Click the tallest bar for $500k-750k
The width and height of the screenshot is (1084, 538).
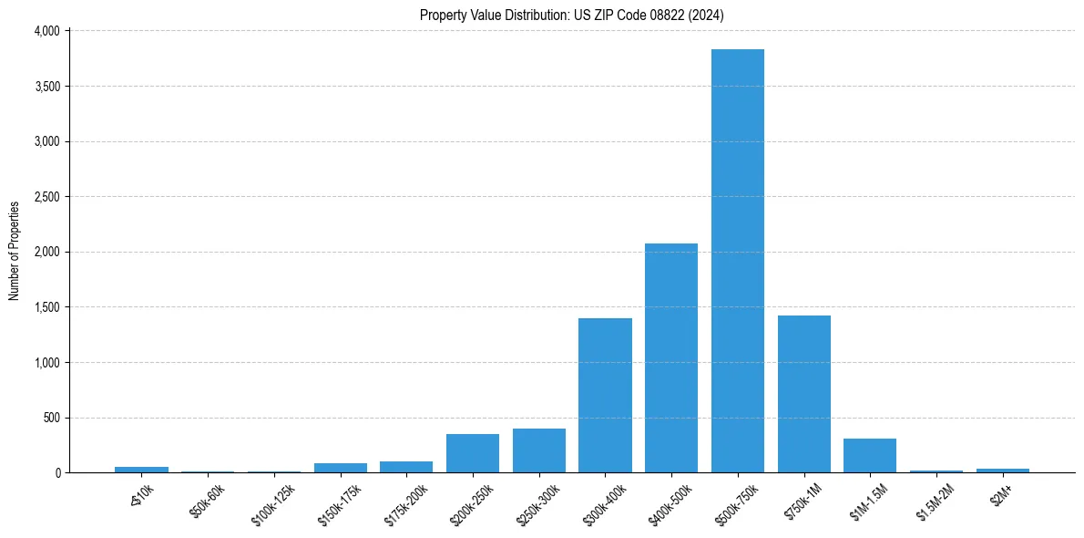coord(738,261)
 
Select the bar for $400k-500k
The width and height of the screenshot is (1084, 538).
coord(671,358)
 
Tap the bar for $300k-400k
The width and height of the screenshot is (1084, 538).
coord(605,396)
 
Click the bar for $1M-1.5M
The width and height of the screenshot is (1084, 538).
coord(870,456)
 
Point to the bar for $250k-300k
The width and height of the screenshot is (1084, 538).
coord(539,450)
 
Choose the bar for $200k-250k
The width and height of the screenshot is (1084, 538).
coord(473,453)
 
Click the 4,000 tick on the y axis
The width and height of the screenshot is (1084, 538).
coord(46,31)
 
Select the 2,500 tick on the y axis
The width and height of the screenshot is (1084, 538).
coord(46,197)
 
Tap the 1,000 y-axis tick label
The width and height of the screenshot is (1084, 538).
coord(46,363)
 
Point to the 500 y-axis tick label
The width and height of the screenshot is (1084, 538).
coord(52,419)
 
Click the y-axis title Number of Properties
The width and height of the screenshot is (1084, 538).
coord(15,251)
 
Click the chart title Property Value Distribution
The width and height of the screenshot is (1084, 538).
coord(572,15)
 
